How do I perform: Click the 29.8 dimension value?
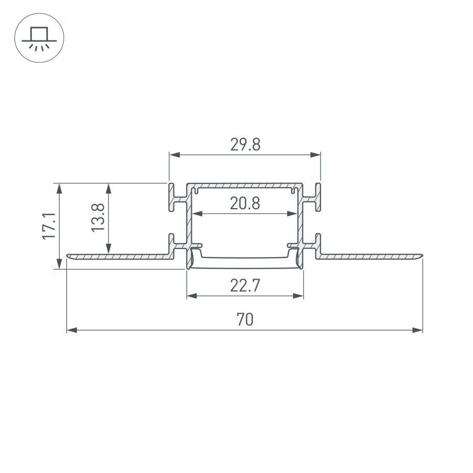[x=245, y=145]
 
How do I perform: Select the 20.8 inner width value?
[x=245, y=203]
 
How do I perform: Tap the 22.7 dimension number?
[x=245, y=286]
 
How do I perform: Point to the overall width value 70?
[x=245, y=320]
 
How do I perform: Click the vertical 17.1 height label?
[x=49, y=227]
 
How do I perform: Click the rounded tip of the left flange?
[x=69, y=256]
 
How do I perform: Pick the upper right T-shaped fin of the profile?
[x=315, y=198]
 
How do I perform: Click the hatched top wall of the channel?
[x=245, y=186]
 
